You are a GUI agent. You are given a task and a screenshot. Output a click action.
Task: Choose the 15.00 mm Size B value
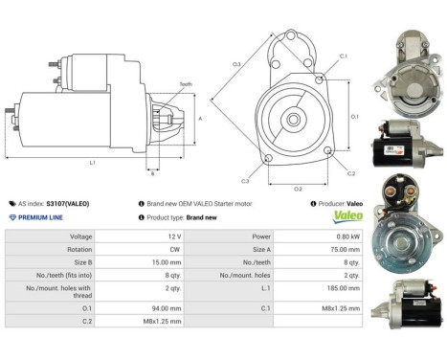point(167,260)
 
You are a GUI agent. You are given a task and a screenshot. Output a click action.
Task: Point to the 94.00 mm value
point(167,308)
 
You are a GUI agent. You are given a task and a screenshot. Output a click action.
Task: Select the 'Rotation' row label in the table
point(80,248)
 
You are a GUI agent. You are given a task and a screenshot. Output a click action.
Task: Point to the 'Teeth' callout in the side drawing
point(185,85)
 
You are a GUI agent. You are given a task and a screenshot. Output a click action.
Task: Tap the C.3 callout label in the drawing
point(245,180)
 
